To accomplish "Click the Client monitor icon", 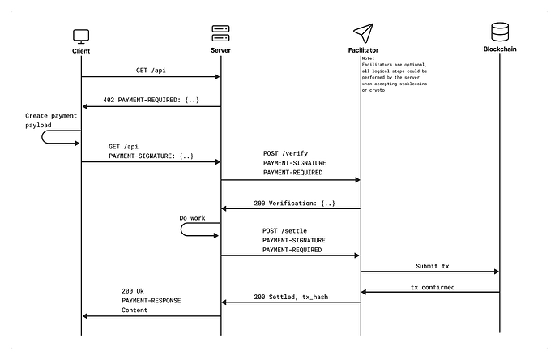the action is click(81, 36).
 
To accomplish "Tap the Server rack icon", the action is click(220, 33).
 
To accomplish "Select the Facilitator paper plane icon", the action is click(363, 33).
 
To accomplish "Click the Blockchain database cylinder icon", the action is click(500, 32).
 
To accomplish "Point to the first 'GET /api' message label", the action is click(151, 71).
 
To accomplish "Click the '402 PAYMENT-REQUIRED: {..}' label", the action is click(151, 100).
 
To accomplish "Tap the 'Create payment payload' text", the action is click(51, 120).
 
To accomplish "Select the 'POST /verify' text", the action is click(285, 153).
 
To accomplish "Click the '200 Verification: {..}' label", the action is click(294, 203).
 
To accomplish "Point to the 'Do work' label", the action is click(192, 218).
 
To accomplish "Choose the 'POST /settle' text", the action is click(285, 231).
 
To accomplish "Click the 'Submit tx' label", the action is click(433, 266).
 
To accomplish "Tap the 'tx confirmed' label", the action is click(433, 287).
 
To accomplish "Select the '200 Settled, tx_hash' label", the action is click(291, 297).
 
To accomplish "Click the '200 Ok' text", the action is click(133, 291).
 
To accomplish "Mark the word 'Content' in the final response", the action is click(134, 310).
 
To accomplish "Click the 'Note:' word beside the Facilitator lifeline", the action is click(368, 58).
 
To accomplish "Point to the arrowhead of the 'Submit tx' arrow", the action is click(497, 272).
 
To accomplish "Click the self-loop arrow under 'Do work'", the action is click(181, 229).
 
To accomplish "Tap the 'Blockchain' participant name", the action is click(500, 49).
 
